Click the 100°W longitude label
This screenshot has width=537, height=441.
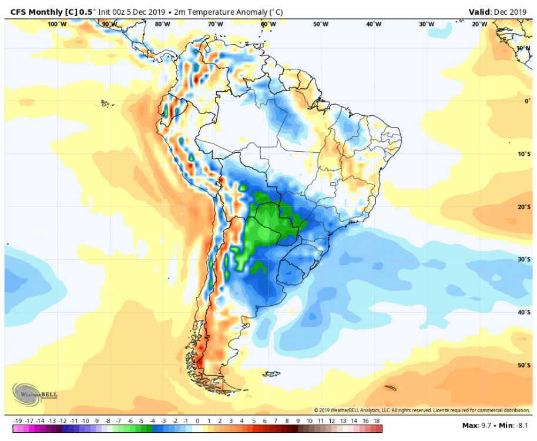pos(56,24)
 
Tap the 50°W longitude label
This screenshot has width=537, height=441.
pos(320,24)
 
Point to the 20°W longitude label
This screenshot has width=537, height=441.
pos(479,24)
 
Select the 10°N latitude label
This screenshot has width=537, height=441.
pos(523,48)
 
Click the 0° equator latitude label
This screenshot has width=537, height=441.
pos(528,101)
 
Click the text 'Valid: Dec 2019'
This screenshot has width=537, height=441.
pos(499,12)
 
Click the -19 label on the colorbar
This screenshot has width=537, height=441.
pos(18,422)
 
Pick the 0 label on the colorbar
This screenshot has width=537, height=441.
pos(197,422)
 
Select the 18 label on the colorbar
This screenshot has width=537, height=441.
pos(376,422)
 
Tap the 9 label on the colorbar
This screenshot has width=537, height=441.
pos(298,422)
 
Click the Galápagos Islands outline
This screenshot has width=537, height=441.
pos(105,103)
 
